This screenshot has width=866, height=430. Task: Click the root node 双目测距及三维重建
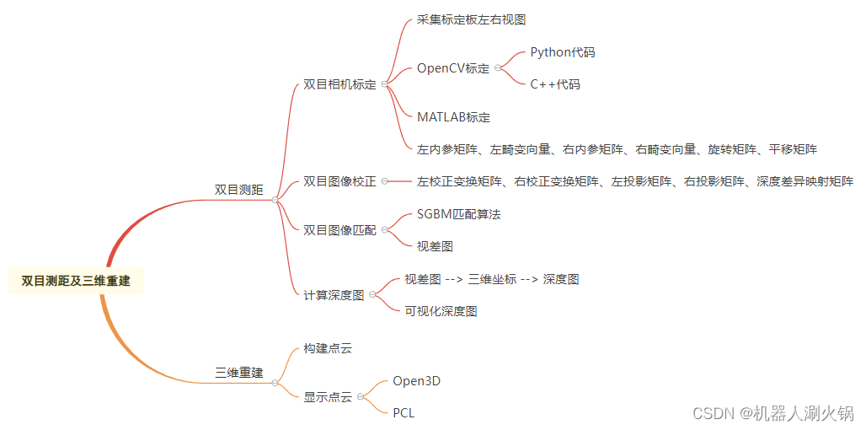click(x=76, y=281)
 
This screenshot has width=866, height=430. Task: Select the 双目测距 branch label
click(x=238, y=191)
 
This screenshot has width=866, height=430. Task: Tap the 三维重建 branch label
click(x=238, y=372)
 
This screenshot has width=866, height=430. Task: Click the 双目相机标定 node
click(x=339, y=84)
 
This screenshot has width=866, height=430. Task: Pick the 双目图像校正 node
click(x=339, y=181)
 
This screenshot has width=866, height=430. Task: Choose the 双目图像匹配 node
click(x=339, y=229)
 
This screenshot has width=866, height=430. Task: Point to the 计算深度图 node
click(x=334, y=295)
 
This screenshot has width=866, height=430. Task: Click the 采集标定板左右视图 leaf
click(x=471, y=19)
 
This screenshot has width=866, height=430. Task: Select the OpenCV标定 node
click(x=452, y=68)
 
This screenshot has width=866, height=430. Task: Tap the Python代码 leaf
click(x=562, y=52)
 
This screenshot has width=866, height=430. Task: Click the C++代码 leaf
click(x=554, y=84)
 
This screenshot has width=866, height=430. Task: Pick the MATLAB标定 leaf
click(x=453, y=117)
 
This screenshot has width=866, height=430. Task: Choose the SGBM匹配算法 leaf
click(x=458, y=214)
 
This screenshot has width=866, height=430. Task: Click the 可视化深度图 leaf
click(x=441, y=311)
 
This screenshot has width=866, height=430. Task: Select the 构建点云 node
click(x=328, y=348)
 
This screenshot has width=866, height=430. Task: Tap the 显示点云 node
click(x=328, y=397)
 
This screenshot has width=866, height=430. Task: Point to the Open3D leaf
click(x=416, y=381)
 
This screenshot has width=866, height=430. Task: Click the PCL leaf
click(x=404, y=413)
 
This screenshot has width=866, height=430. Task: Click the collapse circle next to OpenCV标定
click(x=498, y=68)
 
